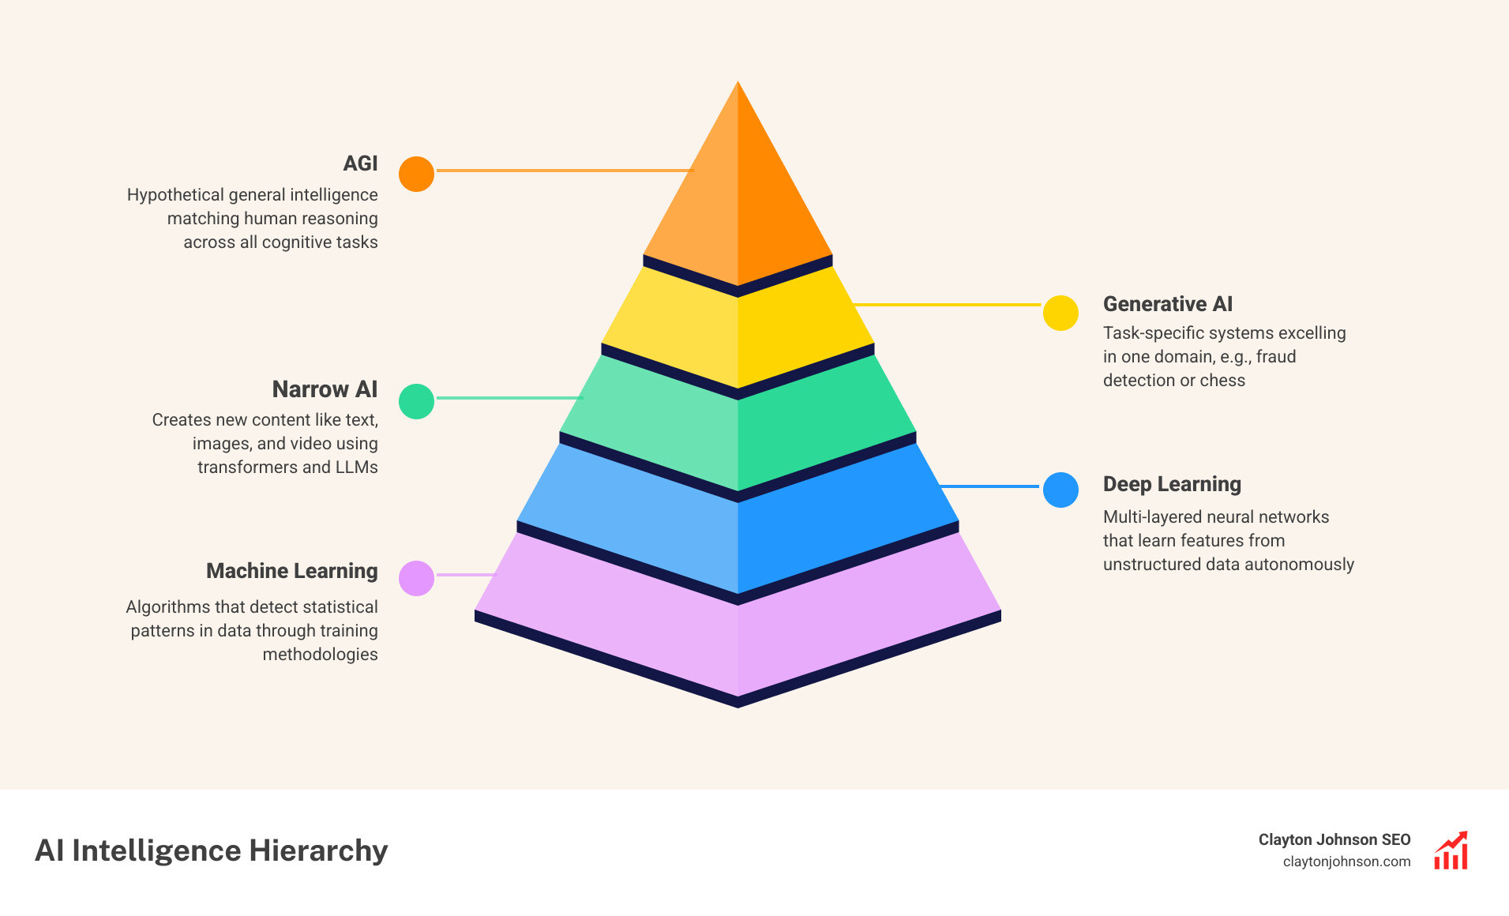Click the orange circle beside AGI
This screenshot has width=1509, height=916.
click(416, 174)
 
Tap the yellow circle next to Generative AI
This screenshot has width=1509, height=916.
click(1060, 313)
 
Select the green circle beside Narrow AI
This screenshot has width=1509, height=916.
click(416, 401)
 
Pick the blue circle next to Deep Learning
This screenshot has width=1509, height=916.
click(1060, 490)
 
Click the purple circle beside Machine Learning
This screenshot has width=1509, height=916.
click(416, 578)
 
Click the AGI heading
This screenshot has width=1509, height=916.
click(360, 163)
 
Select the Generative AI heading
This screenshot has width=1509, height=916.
click(1167, 304)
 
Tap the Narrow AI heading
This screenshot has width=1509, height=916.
click(325, 389)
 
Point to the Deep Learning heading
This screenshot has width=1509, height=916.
click(1172, 484)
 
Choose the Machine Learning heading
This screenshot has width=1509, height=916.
click(291, 571)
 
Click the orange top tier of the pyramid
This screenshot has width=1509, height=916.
click(738, 197)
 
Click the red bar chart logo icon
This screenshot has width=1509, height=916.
click(1451, 850)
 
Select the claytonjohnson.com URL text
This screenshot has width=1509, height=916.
click(1346, 862)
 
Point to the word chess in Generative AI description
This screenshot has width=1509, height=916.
click(1222, 381)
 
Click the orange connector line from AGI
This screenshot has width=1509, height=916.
click(564, 170)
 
